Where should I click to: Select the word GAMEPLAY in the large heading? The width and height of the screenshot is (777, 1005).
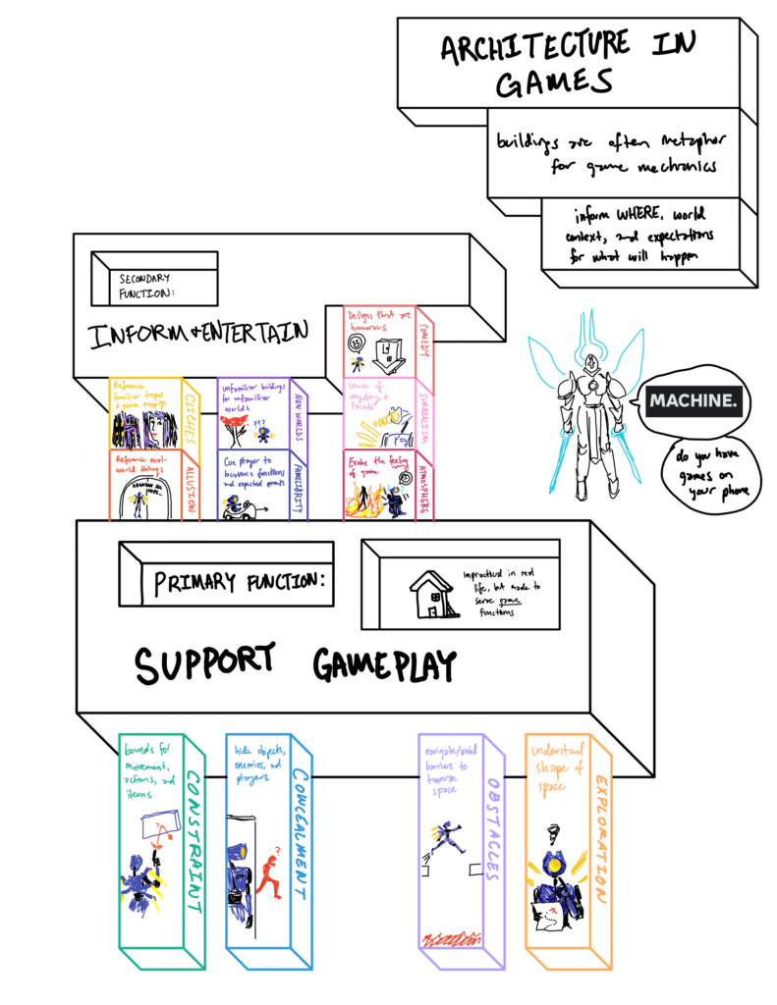[384, 665]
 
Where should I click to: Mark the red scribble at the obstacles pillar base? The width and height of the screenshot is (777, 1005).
[452, 939]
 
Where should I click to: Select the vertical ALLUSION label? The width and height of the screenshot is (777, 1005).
[191, 487]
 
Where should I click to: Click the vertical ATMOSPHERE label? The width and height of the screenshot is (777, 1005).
[425, 485]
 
